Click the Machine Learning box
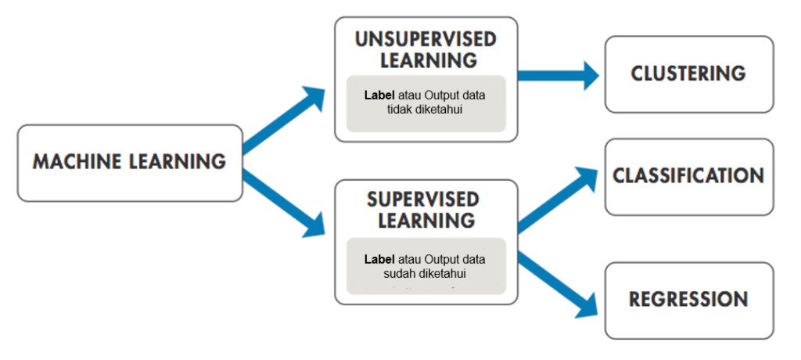[x=129, y=163]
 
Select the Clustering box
[x=688, y=74]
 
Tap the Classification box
[x=688, y=176]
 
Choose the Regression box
[x=688, y=300]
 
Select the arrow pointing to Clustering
[x=559, y=75]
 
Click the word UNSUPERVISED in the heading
[x=426, y=40]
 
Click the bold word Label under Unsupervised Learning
[x=379, y=95]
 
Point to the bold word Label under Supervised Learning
[x=379, y=259]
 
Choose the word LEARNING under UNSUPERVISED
[x=426, y=60]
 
